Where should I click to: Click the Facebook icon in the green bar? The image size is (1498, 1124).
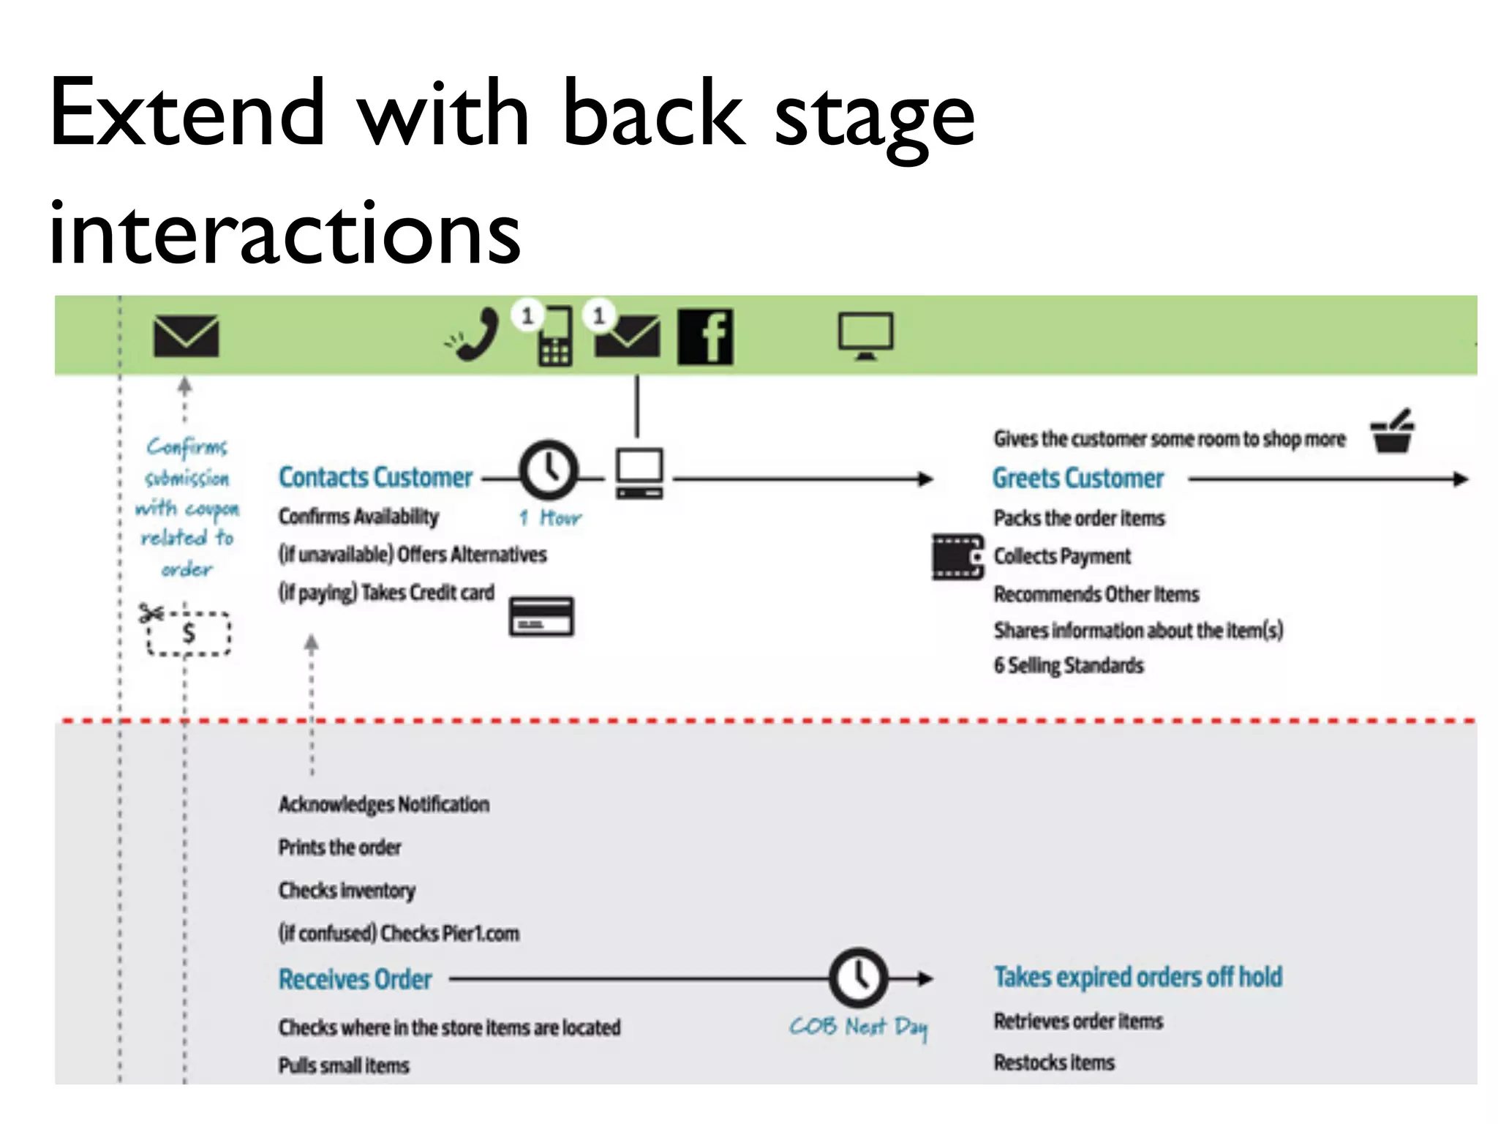705,337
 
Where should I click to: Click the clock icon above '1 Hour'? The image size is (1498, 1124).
548,470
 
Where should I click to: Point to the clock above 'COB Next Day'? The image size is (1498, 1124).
858,978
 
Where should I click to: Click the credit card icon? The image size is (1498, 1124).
541,616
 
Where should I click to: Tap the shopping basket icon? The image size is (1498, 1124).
1393,432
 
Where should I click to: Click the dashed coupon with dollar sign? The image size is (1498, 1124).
189,633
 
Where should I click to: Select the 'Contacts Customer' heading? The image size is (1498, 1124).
375,478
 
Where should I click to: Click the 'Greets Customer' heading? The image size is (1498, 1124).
1077,479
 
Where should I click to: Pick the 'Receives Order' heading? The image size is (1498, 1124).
355,979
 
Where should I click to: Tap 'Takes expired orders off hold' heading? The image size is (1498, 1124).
1137,977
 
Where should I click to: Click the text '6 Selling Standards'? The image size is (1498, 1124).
1068,666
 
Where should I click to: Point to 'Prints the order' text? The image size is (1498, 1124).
339,847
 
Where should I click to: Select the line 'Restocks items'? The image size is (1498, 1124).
1053,1063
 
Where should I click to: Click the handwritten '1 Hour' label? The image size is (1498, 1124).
550,518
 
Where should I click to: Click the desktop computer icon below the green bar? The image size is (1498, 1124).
639,473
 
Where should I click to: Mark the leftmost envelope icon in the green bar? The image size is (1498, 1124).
186,336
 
